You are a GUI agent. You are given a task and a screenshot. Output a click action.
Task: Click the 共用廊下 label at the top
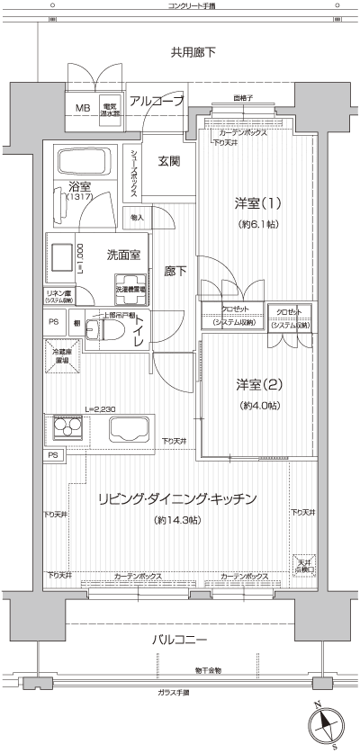click(x=193, y=53)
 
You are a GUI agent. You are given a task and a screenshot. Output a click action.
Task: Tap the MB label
click(x=82, y=108)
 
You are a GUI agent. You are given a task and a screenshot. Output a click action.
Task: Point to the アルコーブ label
click(x=157, y=101)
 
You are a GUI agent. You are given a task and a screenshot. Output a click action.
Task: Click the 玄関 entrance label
click(x=169, y=161)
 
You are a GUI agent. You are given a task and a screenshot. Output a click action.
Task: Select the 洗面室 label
click(x=122, y=255)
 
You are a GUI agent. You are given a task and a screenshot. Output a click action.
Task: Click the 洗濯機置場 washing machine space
click(x=131, y=291)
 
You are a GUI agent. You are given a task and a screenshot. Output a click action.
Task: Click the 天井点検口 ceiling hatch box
click(x=303, y=564)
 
